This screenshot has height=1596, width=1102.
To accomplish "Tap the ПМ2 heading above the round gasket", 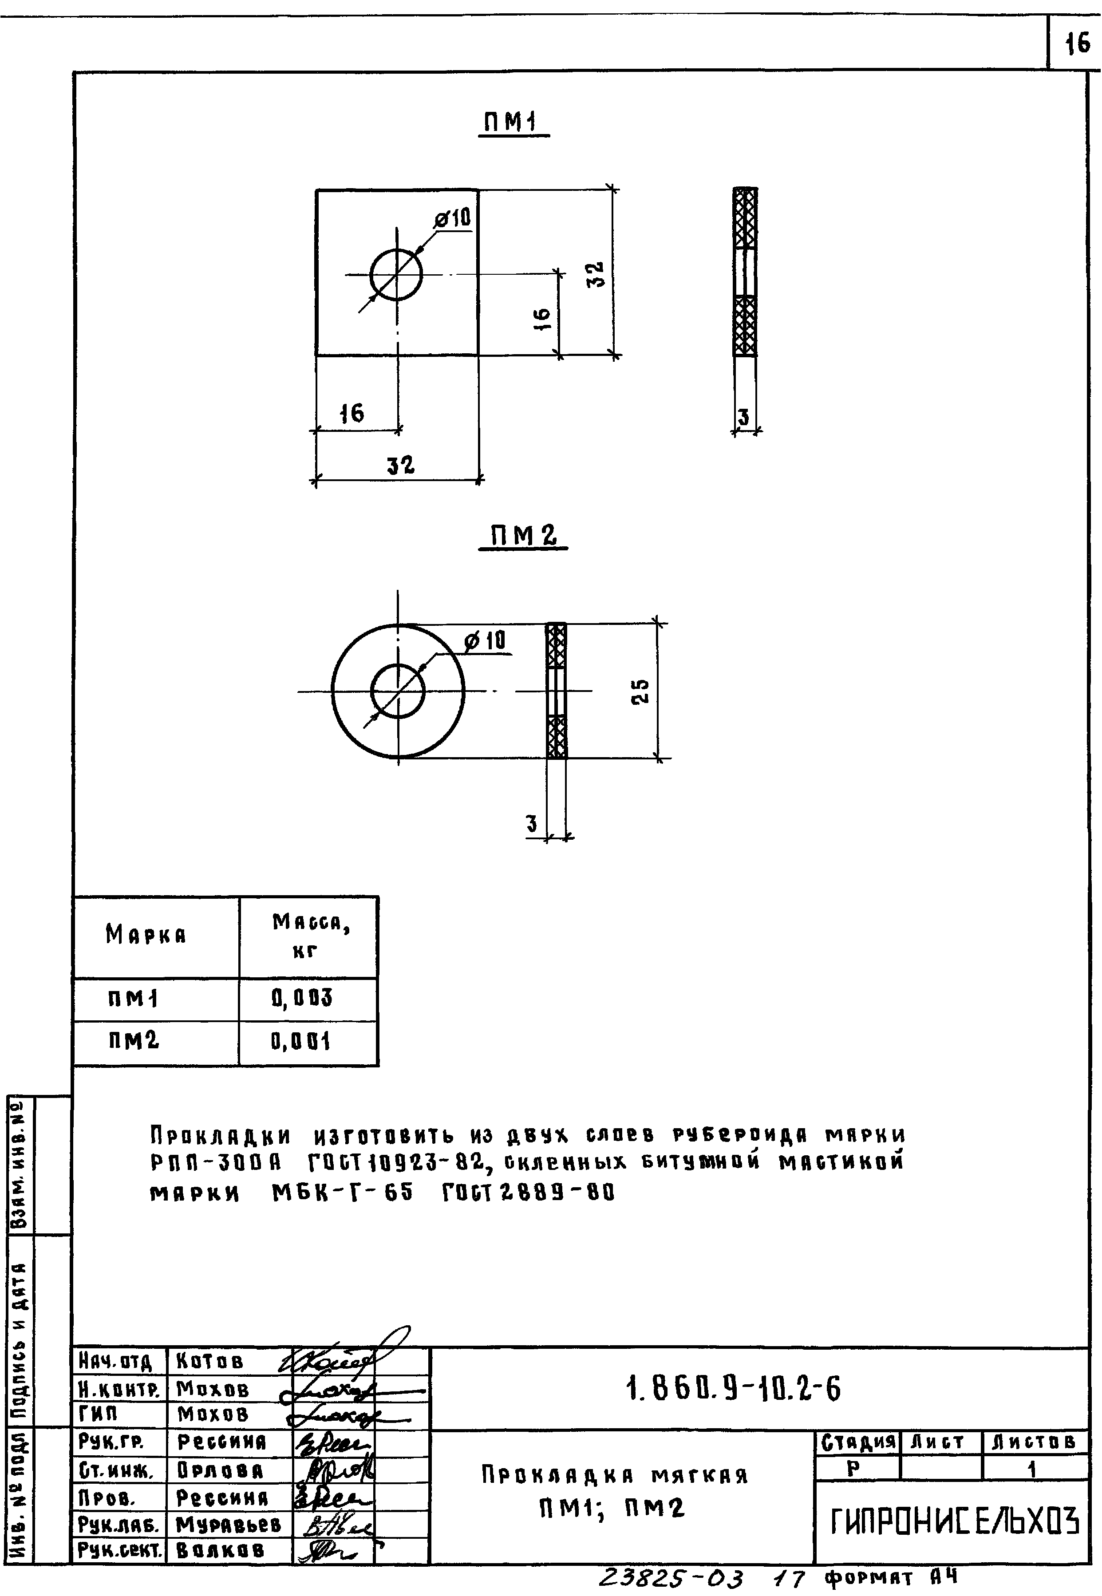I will (523, 537).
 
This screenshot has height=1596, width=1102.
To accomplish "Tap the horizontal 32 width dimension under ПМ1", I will (400, 465).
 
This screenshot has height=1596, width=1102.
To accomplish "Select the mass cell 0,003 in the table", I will (302, 998).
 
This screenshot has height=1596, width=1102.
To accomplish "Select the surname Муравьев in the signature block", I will (229, 1524).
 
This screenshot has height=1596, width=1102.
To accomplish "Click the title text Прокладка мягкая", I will (615, 1476).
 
